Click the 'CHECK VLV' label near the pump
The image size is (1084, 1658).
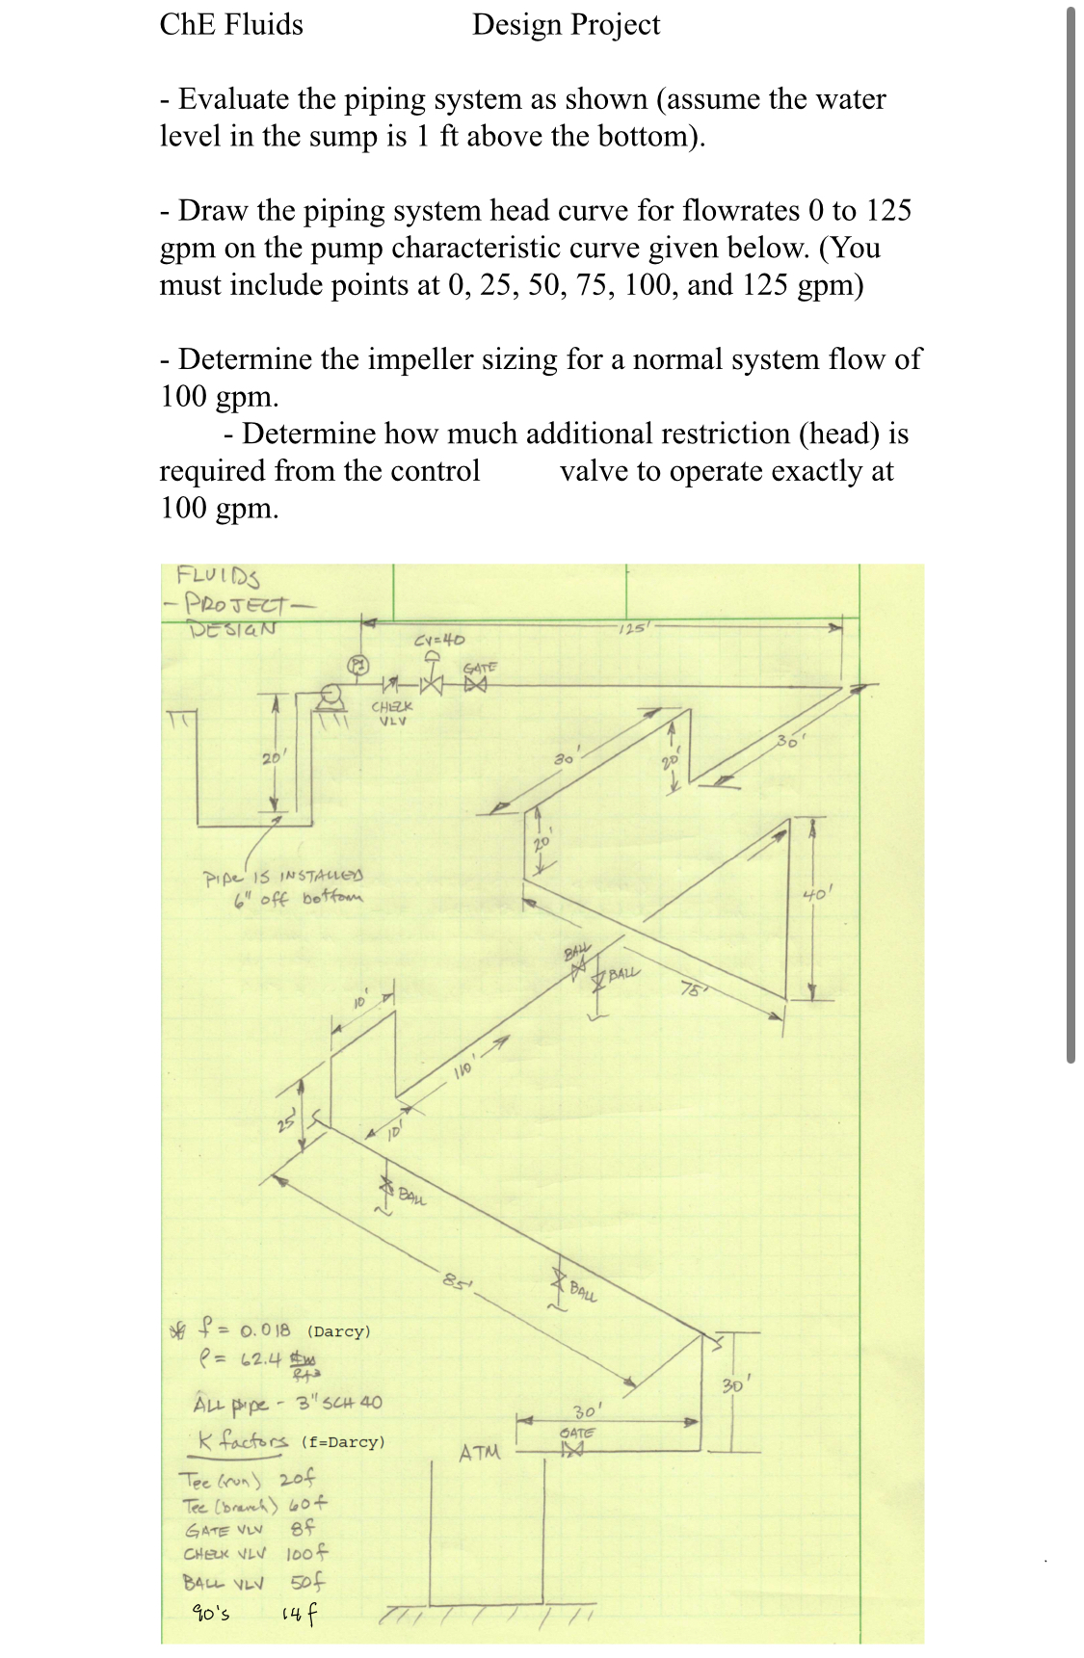pos(391,713)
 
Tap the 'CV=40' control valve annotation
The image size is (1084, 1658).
pos(438,640)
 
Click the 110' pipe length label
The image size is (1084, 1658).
pos(463,1067)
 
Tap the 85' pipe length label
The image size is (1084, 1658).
pos(454,1281)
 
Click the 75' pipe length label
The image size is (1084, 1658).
pos(692,989)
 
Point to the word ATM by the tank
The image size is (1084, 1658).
pos(479,1452)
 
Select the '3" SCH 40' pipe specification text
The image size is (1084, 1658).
pos(338,1403)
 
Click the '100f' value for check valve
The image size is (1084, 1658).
pos(307,1553)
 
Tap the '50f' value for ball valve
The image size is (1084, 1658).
pos(307,1582)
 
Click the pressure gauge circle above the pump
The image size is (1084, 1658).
pos(357,664)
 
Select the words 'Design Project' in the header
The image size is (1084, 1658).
pos(566,24)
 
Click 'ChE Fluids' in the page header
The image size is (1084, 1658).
pos(231,24)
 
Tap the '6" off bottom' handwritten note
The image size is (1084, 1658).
pos(298,899)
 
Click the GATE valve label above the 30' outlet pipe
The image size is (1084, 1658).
pos(577,1433)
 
